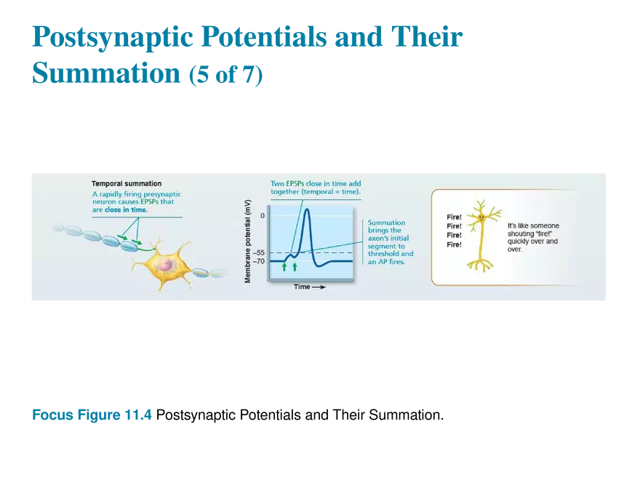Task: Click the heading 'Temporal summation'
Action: (x=127, y=184)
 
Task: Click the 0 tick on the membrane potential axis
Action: (x=263, y=216)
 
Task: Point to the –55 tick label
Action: (x=259, y=253)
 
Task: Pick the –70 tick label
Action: (x=259, y=261)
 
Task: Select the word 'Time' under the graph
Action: (x=302, y=287)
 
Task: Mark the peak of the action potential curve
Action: (x=306, y=210)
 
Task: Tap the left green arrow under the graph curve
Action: (x=284, y=267)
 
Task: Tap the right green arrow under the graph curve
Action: (x=295, y=267)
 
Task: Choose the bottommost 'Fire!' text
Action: (x=453, y=245)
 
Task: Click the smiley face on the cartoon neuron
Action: (x=480, y=216)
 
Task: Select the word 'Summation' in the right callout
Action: (x=387, y=223)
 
